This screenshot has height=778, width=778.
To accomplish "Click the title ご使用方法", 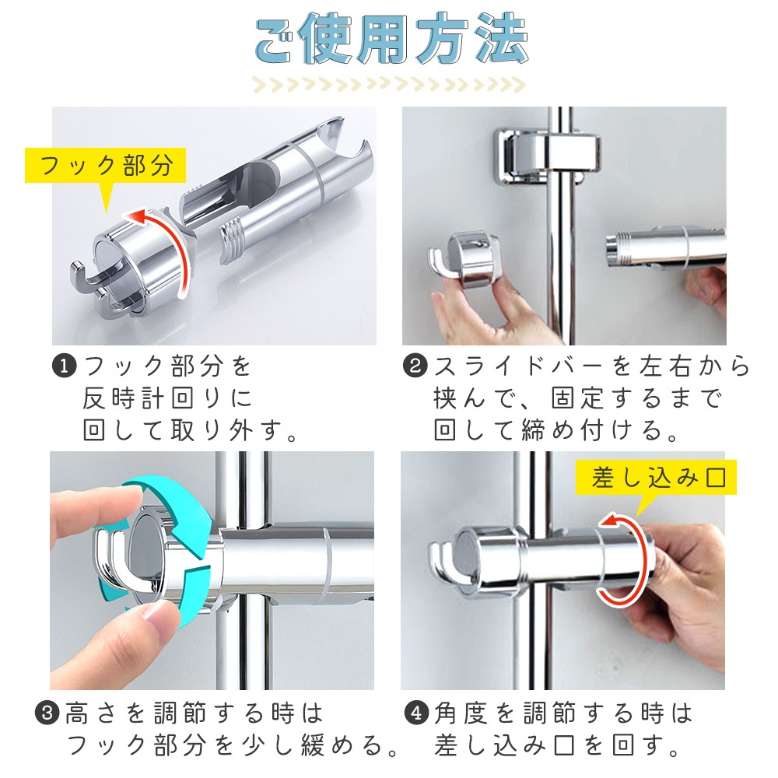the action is pyautogui.click(x=391, y=39).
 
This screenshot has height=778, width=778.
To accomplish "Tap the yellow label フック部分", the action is pyautogui.click(x=106, y=166).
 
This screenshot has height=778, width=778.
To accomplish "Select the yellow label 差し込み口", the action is pyautogui.click(x=656, y=478).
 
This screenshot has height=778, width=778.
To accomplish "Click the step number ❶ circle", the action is pyautogui.click(x=64, y=366).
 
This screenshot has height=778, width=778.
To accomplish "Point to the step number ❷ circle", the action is pyautogui.click(x=415, y=366).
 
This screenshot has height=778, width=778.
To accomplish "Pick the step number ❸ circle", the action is pyautogui.click(x=47, y=713).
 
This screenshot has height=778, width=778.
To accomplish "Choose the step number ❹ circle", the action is pyautogui.click(x=416, y=713).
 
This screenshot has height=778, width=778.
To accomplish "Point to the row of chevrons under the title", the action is pyautogui.click(x=389, y=86).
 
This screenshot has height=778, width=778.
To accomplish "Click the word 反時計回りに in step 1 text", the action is pyautogui.click(x=168, y=398).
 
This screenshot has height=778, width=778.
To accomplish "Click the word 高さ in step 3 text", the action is pyautogui.click(x=91, y=713).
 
